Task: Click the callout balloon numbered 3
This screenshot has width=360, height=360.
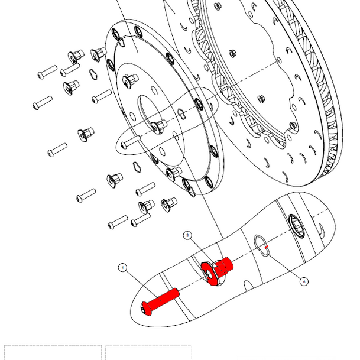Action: pos(188,235)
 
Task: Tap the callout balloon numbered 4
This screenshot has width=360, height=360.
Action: pos(122,268)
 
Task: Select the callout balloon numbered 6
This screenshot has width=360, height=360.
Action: pos(304,281)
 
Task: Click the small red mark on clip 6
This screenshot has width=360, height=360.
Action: pos(267,247)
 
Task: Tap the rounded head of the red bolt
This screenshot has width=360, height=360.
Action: pos(147,307)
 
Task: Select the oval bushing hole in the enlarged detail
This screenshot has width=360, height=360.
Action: pos(296,225)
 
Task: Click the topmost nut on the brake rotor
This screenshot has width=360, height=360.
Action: pos(218,7)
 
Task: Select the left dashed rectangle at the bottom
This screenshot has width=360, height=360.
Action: pos(53,352)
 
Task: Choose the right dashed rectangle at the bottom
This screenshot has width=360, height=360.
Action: pos(148,352)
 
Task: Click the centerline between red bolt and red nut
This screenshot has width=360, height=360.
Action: pos(191,283)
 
